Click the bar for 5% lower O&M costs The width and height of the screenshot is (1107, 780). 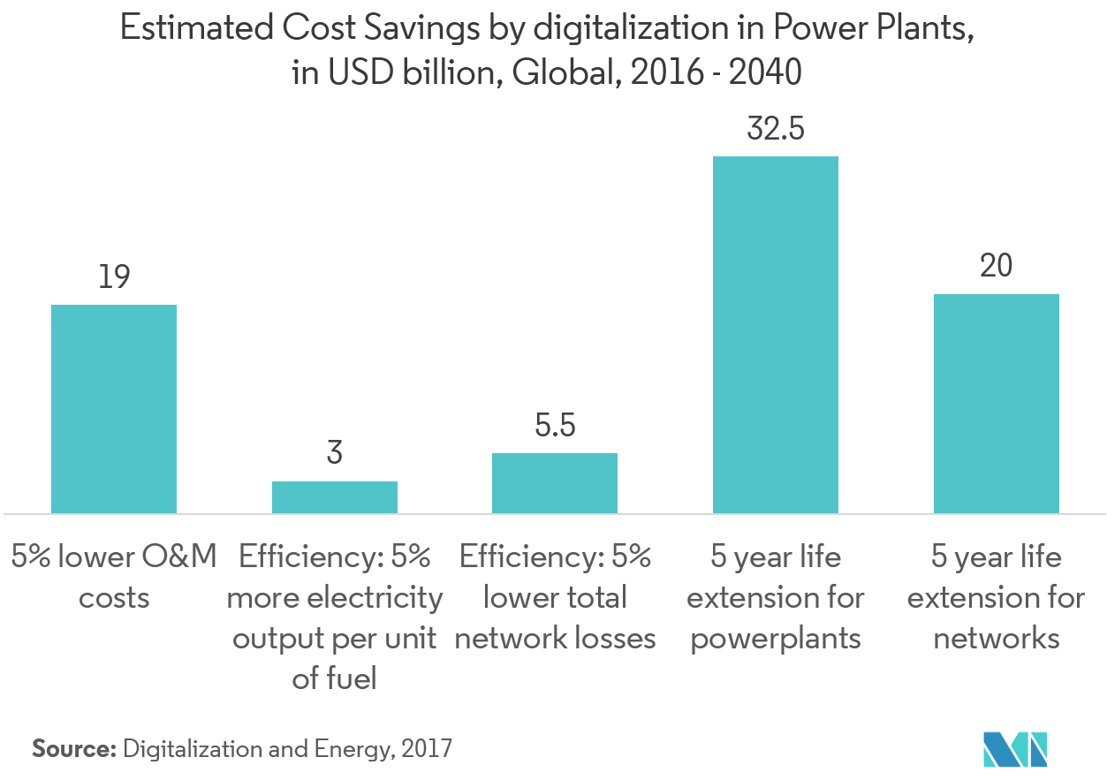point(114,409)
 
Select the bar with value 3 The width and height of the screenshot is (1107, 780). point(334,497)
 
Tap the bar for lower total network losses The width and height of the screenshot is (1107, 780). point(555,483)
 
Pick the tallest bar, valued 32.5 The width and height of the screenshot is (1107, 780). point(775,335)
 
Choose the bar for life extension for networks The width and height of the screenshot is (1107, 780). point(996,404)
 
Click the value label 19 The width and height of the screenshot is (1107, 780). point(114,277)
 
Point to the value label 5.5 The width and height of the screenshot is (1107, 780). point(555,426)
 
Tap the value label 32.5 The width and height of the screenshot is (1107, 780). point(775,129)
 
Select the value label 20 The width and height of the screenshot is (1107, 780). point(996,266)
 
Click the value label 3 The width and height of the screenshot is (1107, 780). point(334,454)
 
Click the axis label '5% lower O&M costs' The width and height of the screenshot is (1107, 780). point(114,578)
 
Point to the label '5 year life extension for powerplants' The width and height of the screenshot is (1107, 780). point(775,598)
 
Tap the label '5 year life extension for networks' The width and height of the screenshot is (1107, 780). point(996,598)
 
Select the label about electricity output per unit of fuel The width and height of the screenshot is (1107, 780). point(334,618)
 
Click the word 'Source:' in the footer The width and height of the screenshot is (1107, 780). point(75,749)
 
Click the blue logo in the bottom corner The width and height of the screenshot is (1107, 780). point(1015,748)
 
